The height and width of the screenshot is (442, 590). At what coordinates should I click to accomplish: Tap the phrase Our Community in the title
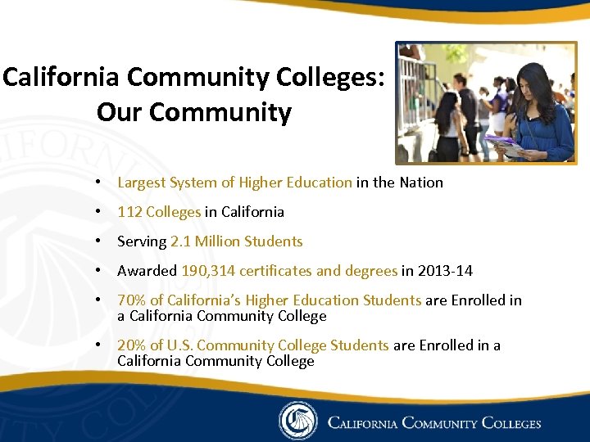[194, 112]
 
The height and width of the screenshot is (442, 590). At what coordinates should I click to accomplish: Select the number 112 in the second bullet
[129, 212]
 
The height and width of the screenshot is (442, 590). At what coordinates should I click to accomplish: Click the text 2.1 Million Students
[237, 241]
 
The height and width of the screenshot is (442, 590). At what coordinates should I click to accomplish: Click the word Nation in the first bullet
[421, 183]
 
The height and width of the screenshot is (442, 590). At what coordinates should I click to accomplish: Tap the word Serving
[142, 241]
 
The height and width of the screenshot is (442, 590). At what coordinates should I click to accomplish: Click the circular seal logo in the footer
[297, 421]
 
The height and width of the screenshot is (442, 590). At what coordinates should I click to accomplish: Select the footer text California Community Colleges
[434, 423]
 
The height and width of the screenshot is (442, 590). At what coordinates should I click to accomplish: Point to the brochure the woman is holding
[503, 146]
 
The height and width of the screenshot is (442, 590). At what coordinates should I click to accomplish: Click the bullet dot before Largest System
[98, 183]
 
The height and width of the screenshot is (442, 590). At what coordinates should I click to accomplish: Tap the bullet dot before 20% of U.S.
[98, 345]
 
